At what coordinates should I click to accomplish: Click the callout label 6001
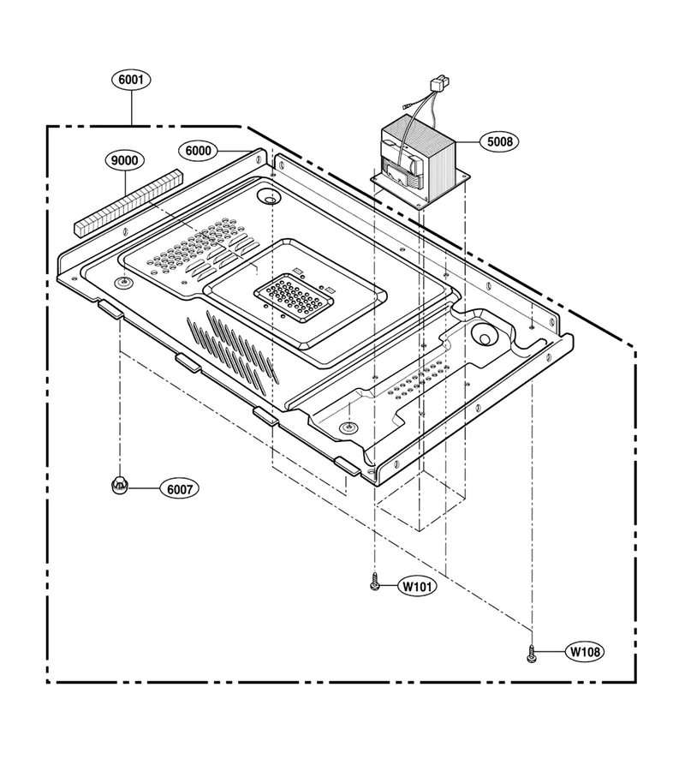pyautogui.click(x=131, y=80)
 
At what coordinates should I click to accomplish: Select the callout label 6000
pyautogui.click(x=198, y=151)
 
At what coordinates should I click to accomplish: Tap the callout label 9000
pyautogui.click(x=125, y=160)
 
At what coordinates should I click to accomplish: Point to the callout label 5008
pyautogui.click(x=499, y=141)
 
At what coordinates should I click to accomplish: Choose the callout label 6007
pyautogui.click(x=179, y=489)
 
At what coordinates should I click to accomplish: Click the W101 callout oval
pyautogui.click(x=417, y=586)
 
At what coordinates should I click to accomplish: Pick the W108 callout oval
pyautogui.click(x=584, y=652)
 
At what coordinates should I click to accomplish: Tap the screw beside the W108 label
pyautogui.click(x=531, y=654)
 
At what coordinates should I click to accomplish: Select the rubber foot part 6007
pyautogui.click(x=119, y=485)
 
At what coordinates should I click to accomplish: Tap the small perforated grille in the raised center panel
pyautogui.click(x=294, y=300)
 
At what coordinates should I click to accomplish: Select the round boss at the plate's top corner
pyautogui.click(x=269, y=197)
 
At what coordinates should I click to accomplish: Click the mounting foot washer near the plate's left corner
pyautogui.click(x=125, y=281)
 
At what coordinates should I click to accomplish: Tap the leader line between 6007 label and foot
pyautogui.click(x=144, y=488)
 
